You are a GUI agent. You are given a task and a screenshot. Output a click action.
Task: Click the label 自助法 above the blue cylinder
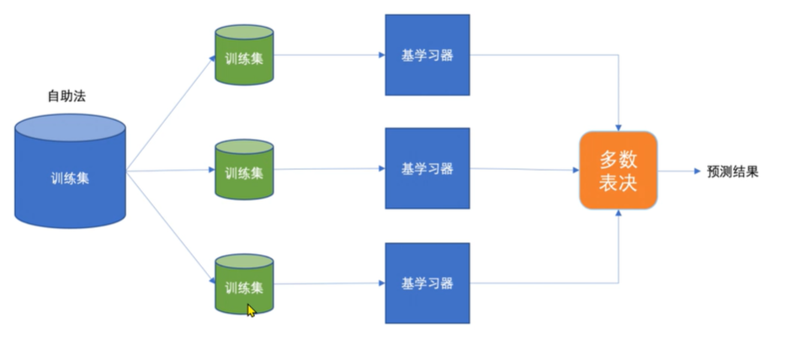[x=66, y=96]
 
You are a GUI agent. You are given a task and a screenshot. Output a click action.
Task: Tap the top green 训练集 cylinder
[x=244, y=56]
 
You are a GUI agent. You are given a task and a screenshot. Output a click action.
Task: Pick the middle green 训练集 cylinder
[x=244, y=171]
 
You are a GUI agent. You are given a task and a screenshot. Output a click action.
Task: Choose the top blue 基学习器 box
[x=427, y=56]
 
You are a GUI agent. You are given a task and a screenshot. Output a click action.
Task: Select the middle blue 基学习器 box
[x=427, y=168]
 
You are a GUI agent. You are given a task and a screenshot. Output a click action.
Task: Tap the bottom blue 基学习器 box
[x=427, y=283]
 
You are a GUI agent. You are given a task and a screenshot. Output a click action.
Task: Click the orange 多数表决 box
[x=618, y=171]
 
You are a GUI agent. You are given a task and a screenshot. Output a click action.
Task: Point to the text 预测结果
[x=733, y=172]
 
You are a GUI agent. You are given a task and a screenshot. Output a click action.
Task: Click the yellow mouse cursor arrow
[x=251, y=310]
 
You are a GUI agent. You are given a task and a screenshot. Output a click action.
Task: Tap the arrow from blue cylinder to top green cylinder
[x=168, y=114]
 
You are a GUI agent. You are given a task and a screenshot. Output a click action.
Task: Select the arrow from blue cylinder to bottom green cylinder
[x=168, y=226]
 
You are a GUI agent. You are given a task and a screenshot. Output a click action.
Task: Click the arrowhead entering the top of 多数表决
[x=619, y=126]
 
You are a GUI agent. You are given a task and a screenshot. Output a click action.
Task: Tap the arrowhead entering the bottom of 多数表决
[x=619, y=214]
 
